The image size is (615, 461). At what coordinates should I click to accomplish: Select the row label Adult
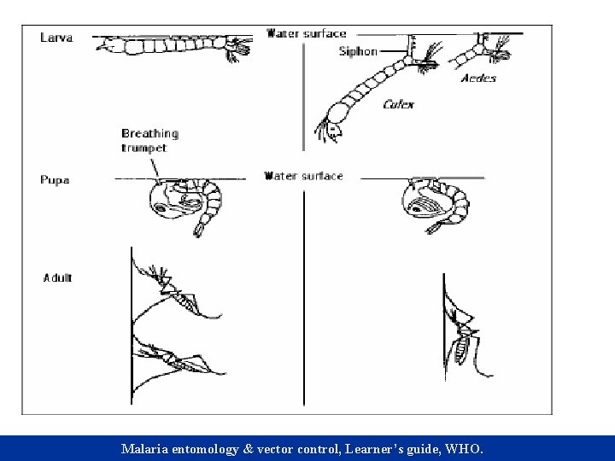(x=58, y=277)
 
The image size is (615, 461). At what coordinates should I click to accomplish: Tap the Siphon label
(x=358, y=51)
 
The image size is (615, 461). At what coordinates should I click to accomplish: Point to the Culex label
(x=399, y=104)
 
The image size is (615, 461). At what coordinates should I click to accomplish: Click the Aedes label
(x=477, y=79)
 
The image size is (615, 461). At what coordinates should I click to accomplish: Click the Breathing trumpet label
(x=149, y=139)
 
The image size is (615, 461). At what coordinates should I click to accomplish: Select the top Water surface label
(x=307, y=34)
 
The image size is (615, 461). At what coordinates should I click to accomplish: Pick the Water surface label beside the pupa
(x=304, y=176)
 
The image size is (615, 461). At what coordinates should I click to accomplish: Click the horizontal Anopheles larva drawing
(x=171, y=44)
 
